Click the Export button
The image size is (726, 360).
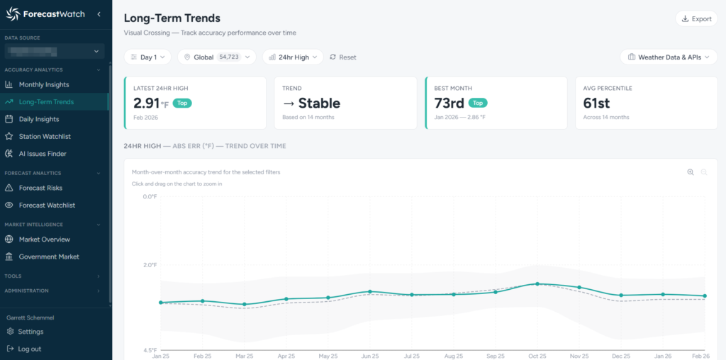click(x=696, y=18)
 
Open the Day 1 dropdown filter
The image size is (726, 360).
click(x=147, y=57)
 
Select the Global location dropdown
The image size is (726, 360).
click(x=216, y=57)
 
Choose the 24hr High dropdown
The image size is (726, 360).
click(x=293, y=57)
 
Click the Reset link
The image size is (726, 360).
click(x=343, y=57)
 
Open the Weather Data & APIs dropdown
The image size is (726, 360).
click(x=669, y=57)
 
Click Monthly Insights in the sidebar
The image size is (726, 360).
click(x=44, y=85)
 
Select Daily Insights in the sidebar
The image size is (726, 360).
click(x=39, y=119)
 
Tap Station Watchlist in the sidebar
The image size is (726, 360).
click(x=45, y=136)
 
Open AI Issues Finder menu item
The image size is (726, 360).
click(x=43, y=154)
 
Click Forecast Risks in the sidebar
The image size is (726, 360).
click(x=40, y=188)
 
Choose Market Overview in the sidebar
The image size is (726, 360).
click(x=45, y=240)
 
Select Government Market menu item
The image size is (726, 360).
click(x=49, y=257)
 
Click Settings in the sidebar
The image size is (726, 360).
click(x=30, y=332)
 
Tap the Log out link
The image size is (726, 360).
click(x=29, y=349)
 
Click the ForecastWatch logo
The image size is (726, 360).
click(x=46, y=14)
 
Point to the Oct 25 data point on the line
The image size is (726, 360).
click(x=537, y=283)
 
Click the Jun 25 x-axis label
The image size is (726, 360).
click(x=370, y=355)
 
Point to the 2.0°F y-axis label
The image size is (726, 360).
click(x=149, y=265)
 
